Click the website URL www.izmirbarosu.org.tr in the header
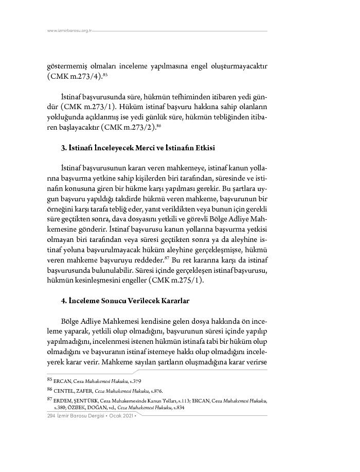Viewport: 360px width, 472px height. tap(69, 31)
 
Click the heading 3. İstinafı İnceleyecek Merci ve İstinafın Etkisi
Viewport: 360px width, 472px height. tap(138, 148)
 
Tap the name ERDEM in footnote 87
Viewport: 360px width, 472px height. tap(63, 400)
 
